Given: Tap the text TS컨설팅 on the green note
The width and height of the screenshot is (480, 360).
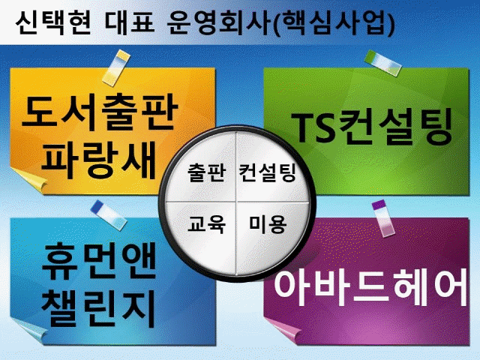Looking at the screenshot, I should click(373, 128).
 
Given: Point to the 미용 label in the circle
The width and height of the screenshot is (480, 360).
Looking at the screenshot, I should click(267, 223).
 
